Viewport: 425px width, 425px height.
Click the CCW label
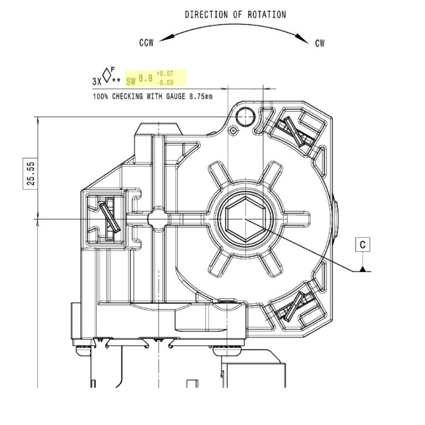tap(147, 42)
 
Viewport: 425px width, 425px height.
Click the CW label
tap(320, 43)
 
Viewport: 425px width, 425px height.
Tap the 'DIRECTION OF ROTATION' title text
tap(235, 15)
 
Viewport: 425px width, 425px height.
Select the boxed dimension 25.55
tap(31, 174)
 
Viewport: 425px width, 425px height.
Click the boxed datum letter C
tap(363, 244)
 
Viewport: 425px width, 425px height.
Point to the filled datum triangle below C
tap(363, 269)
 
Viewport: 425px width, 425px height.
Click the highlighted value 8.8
tap(146, 78)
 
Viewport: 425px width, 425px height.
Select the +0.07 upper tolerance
tap(165, 73)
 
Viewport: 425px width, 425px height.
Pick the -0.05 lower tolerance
tap(165, 82)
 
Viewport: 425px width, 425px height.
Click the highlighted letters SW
tap(131, 81)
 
